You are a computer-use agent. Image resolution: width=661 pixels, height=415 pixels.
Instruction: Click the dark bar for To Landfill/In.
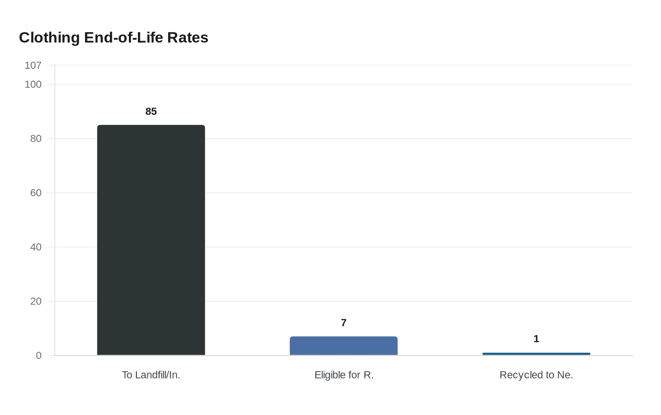coord(151,240)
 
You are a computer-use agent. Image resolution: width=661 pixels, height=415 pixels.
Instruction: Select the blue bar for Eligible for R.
coord(344,346)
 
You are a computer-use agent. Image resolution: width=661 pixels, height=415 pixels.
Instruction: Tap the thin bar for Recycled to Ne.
coord(536,354)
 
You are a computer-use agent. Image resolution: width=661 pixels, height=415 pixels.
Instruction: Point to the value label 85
coord(151,112)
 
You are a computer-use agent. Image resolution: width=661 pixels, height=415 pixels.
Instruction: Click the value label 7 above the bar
coord(344,323)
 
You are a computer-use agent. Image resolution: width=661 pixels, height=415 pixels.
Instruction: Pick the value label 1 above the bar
coord(536,339)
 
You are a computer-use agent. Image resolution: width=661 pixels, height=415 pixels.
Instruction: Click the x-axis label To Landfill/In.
coord(151,375)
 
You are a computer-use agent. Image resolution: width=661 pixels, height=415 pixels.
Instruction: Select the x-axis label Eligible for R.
coord(344,375)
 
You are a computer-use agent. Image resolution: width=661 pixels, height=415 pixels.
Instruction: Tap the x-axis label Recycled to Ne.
coord(536,375)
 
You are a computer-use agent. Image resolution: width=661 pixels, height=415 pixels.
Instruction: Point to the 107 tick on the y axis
coord(33,66)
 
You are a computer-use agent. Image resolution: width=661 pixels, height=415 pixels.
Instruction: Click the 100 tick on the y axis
coord(33,84)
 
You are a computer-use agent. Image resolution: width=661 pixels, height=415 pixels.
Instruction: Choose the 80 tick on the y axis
coord(36,139)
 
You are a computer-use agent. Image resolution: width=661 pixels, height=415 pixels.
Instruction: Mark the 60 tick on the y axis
coord(36,193)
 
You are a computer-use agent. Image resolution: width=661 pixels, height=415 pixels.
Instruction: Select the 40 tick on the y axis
coord(36,247)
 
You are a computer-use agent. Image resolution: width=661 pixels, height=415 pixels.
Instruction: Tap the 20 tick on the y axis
coord(36,301)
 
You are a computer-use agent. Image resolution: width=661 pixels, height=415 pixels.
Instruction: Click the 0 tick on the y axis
coord(39,356)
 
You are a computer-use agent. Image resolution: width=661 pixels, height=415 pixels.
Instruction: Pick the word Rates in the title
coord(188,38)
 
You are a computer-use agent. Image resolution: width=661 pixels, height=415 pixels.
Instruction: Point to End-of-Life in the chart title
coord(124,38)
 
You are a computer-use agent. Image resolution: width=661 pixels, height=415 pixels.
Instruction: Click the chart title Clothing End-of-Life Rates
coord(113,38)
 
